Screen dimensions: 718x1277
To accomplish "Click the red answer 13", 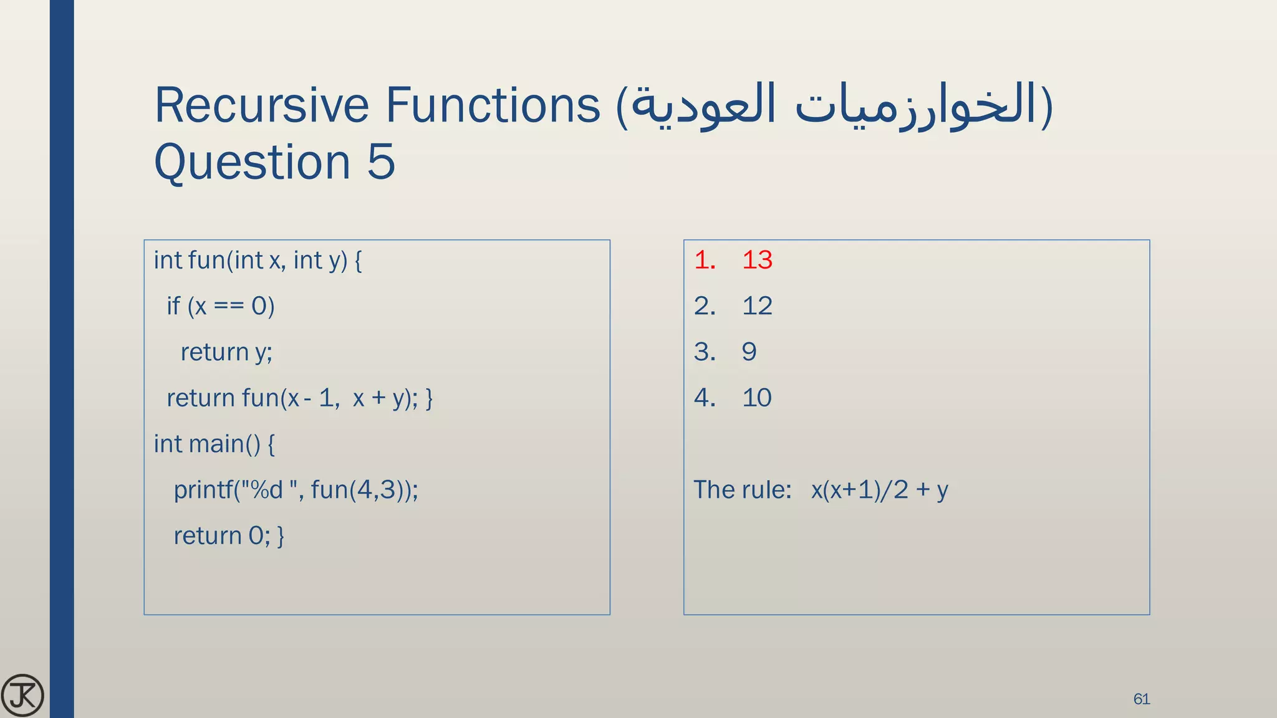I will point(757,260).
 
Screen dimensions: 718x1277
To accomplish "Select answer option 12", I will point(757,306).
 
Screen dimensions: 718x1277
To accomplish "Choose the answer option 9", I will point(749,352).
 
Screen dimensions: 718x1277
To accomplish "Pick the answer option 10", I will point(757,398).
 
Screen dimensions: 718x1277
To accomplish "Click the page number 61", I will point(1141,699).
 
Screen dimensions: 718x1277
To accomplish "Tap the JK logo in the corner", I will point(22,695).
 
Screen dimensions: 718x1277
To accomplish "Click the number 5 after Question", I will point(380,162).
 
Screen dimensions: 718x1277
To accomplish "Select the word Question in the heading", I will point(253,162).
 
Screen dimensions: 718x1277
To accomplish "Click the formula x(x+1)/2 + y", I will point(879,490).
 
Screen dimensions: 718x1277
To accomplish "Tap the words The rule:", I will point(742,490).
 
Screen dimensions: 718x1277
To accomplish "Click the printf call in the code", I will point(296,490).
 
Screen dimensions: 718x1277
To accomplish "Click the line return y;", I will point(226,352).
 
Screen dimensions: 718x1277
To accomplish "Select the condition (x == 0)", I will point(231,306).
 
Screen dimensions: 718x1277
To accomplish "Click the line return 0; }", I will point(228,536).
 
